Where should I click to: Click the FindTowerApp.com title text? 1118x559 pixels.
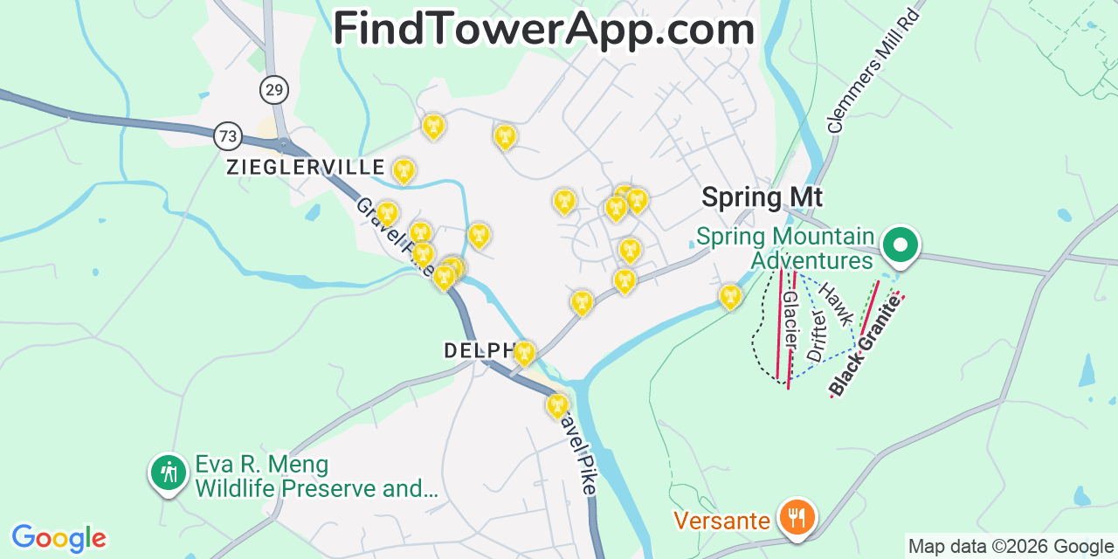(543, 30)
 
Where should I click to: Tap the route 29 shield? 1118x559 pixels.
(274, 90)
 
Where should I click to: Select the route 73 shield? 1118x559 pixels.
(228, 136)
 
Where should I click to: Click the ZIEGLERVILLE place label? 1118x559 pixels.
(306, 167)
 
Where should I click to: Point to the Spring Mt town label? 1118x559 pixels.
(762, 197)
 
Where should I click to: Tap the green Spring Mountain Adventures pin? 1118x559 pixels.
(900, 245)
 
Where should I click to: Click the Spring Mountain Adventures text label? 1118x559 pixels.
(785, 248)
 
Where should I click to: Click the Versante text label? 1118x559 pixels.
(722, 521)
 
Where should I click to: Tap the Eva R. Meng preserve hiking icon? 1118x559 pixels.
(167, 473)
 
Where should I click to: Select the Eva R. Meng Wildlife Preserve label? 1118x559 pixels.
(314, 476)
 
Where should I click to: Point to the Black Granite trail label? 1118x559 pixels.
(865, 346)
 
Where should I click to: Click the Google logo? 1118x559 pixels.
(58, 538)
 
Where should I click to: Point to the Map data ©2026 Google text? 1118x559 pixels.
(1011, 547)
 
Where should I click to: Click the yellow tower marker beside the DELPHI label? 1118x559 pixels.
(524, 353)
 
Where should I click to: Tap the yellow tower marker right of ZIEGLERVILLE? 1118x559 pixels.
(404, 169)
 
